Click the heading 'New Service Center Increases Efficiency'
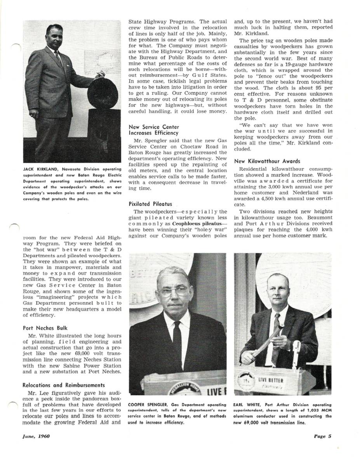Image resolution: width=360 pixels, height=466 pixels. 154,130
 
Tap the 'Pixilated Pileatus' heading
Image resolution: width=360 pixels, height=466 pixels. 150,203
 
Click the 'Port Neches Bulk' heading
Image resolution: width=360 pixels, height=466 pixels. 45,328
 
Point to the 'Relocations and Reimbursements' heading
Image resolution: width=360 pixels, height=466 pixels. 64,385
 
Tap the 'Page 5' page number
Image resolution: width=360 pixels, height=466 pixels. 323,436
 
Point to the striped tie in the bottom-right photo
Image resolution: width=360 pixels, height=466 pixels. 276,330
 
